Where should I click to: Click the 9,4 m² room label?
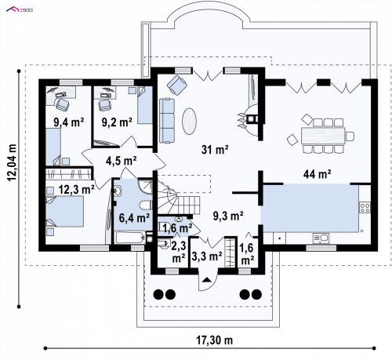pyautogui.click(x=69, y=122)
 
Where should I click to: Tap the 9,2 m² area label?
pyautogui.click(x=117, y=122)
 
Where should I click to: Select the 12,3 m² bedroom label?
pyautogui.click(x=76, y=190)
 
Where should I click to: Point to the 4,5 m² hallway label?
pyautogui.click(x=121, y=161)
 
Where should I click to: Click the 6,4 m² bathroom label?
pyautogui.click(x=134, y=217)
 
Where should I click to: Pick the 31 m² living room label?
pyautogui.click(x=215, y=150)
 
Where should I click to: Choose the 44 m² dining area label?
pyautogui.click(x=318, y=174)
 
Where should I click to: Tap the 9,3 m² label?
pyautogui.click(x=228, y=216)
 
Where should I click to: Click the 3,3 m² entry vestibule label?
pyautogui.click(x=207, y=256)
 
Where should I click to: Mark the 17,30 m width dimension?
pyautogui.click(x=214, y=340)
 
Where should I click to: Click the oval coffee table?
pyautogui.click(x=189, y=122)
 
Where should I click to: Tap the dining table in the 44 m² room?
pyautogui.click(x=323, y=135)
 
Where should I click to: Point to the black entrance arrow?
pyautogui.click(x=207, y=280)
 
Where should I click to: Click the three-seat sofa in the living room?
pyautogui.click(x=167, y=121)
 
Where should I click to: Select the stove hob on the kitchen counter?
pyautogui.click(x=365, y=208)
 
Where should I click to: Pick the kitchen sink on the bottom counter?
pyautogui.click(x=321, y=238)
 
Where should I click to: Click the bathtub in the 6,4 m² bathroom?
pyautogui.click(x=130, y=238)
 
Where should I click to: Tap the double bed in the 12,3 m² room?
pyautogui.click(x=65, y=211)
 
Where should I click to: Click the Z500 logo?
pyautogui.click(x=20, y=9)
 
